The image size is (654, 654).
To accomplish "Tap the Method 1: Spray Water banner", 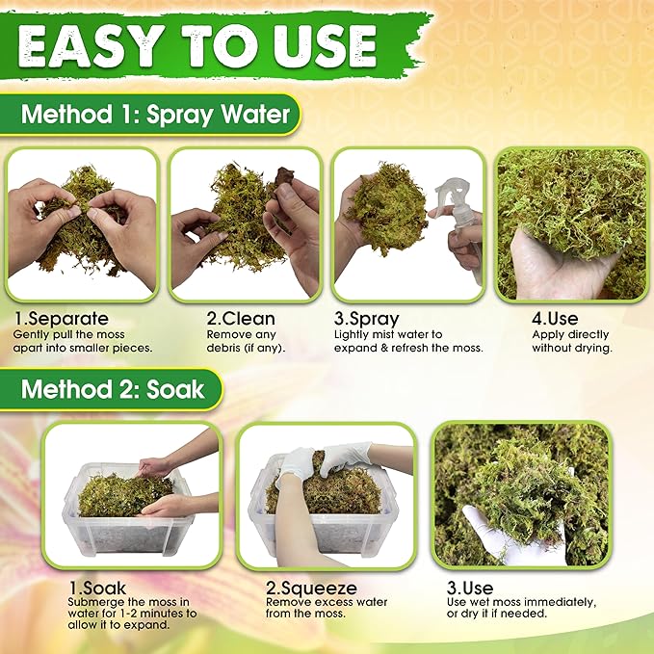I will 155,115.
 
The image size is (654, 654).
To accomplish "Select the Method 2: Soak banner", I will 113,389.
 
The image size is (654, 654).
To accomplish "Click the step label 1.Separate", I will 62,318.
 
